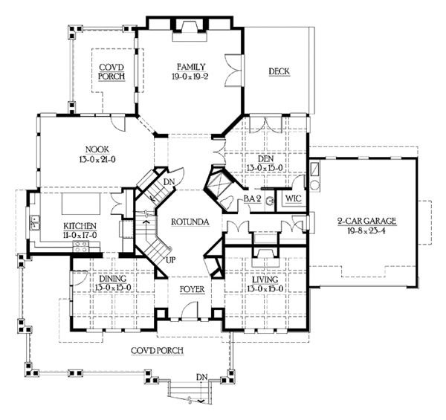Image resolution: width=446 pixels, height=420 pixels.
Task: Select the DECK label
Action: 279,71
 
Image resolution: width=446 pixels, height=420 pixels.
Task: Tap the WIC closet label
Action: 292,199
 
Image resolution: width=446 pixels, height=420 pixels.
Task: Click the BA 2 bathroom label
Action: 251,199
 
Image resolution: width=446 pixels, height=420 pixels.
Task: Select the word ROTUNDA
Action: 189,222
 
